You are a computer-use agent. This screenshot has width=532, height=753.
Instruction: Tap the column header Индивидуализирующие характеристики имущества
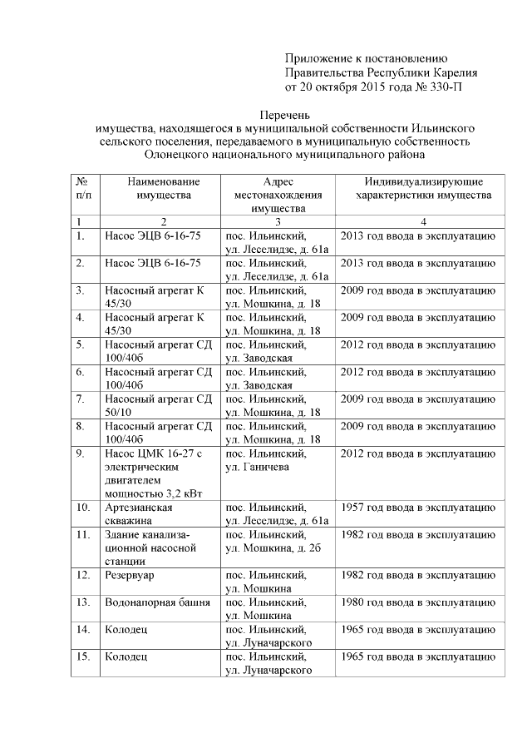pyautogui.click(x=423, y=188)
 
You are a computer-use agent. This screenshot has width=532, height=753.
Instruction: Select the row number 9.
pyautogui.click(x=80, y=453)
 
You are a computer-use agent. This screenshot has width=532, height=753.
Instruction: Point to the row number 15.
pyautogui.click(x=82, y=656)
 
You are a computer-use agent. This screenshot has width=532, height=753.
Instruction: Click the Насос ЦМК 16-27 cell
pyautogui.click(x=158, y=453)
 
